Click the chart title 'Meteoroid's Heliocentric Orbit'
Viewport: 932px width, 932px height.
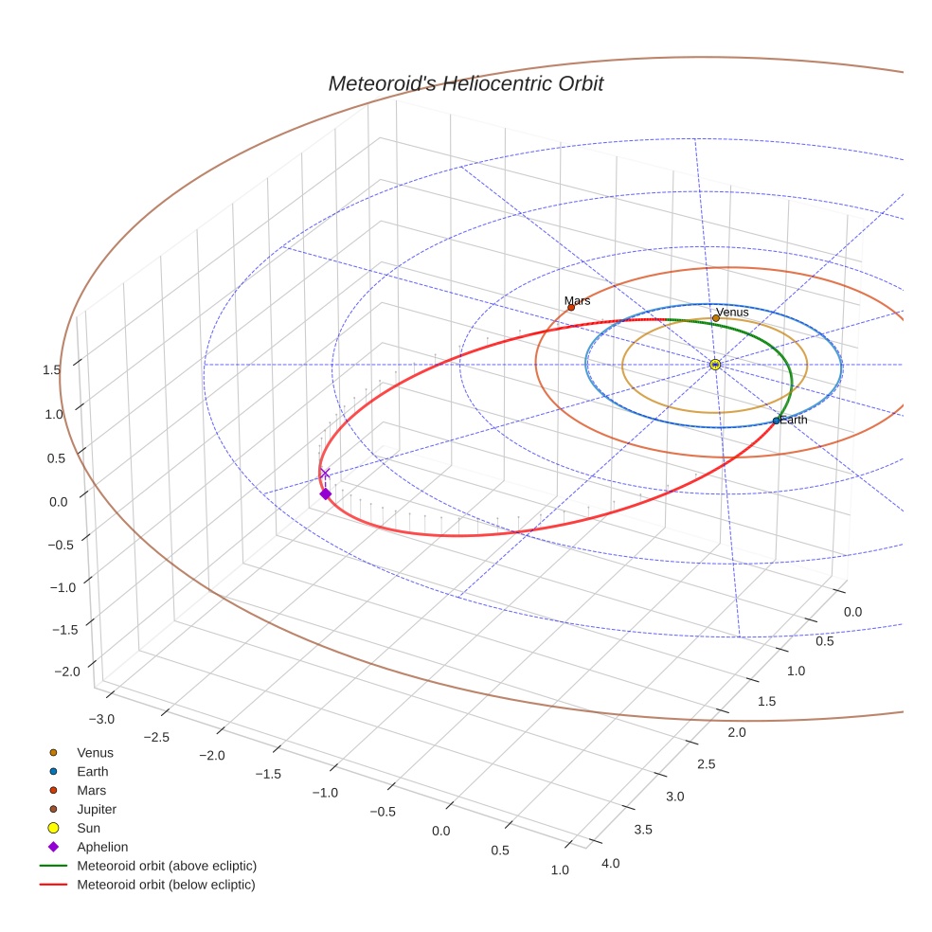coord(465,84)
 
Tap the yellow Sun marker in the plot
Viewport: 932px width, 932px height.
coord(715,365)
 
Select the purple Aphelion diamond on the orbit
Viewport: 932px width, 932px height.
coord(325,493)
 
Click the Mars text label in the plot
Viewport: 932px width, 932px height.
coord(577,301)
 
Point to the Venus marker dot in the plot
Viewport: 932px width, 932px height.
coord(715,318)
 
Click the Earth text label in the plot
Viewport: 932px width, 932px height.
coord(794,420)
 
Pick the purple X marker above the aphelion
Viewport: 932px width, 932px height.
coord(325,473)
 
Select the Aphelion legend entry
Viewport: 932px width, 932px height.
coord(101,847)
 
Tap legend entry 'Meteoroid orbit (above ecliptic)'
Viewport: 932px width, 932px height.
coord(166,866)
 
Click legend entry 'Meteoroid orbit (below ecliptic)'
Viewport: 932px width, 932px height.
coord(166,885)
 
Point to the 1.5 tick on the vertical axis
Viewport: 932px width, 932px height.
coord(53,370)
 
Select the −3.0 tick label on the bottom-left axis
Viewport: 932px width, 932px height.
coord(101,719)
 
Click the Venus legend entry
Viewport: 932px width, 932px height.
coord(94,752)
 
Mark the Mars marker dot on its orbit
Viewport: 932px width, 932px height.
coord(571,307)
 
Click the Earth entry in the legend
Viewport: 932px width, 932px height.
coord(92,771)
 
